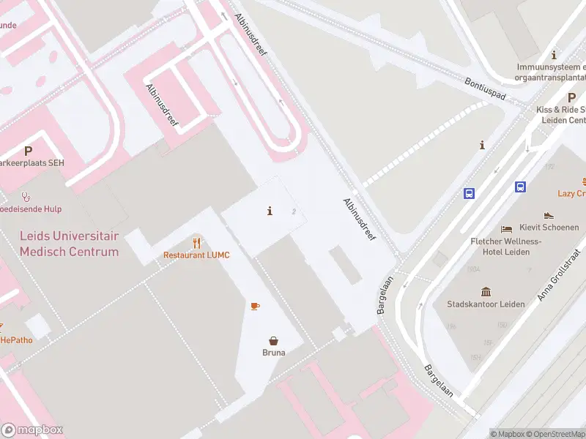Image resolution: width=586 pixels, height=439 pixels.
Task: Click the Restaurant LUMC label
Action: (x=196, y=255)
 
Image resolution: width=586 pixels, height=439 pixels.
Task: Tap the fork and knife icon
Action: (x=196, y=243)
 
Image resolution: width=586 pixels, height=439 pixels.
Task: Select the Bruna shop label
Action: (x=273, y=353)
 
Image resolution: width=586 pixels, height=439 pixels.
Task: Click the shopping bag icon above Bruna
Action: (x=273, y=340)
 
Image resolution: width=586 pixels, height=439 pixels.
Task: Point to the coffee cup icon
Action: (x=255, y=306)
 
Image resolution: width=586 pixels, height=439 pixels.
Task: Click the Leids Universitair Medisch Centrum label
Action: (x=69, y=244)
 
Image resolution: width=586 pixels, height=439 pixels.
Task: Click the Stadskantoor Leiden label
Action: (x=480, y=304)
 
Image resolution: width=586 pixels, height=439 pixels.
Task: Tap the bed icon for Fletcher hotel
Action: (x=506, y=229)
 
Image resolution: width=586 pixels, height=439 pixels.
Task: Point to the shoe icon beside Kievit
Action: (x=549, y=216)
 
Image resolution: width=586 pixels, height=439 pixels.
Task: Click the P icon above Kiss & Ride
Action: (x=571, y=97)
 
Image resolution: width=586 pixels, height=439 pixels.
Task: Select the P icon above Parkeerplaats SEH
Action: (x=28, y=151)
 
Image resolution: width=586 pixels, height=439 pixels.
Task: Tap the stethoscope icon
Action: (x=26, y=196)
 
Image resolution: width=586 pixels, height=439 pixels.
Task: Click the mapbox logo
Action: (x=32, y=430)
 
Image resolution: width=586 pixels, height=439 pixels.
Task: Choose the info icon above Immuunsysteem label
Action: (x=554, y=55)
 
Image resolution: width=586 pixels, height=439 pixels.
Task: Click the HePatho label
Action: (x=16, y=339)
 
